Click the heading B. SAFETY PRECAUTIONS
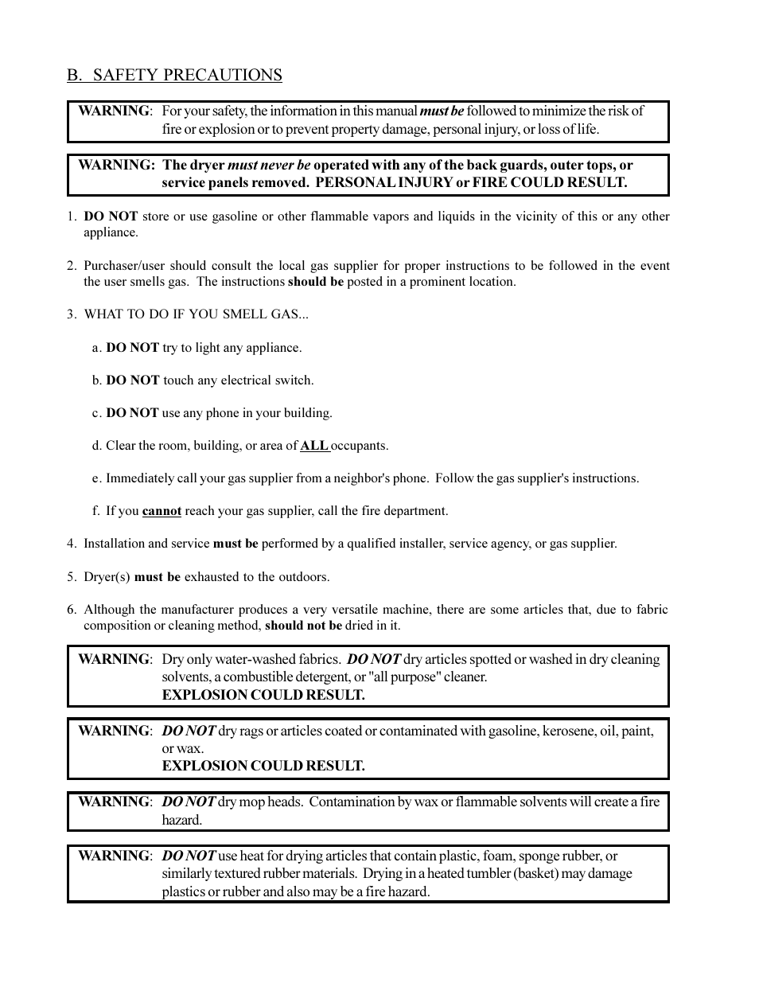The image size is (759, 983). (x=174, y=75)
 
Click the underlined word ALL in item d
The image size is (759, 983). (x=313, y=446)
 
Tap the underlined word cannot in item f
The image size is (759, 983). (x=162, y=511)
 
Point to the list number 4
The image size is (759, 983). (x=71, y=544)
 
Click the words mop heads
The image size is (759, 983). (x=271, y=802)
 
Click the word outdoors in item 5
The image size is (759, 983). (x=303, y=577)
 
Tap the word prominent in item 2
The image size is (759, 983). (x=437, y=282)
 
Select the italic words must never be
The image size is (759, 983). (x=269, y=165)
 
